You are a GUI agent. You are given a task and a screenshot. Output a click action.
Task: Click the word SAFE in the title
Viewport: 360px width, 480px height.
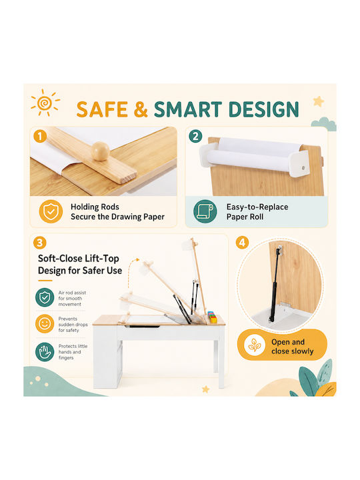[x=102, y=109]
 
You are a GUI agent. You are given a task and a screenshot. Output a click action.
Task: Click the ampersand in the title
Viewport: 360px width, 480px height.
[x=141, y=109]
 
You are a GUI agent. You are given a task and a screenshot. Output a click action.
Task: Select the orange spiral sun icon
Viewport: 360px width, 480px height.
[x=45, y=103]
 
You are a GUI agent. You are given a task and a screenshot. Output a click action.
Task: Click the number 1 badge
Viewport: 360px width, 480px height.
[x=40, y=136]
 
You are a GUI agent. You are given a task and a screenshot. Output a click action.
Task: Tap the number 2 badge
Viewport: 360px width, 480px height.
[x=195, y=136]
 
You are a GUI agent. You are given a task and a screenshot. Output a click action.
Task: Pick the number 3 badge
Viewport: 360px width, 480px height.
[x=40, y=243]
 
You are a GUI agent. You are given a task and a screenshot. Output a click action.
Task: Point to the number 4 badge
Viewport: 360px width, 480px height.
[x=242, y=243]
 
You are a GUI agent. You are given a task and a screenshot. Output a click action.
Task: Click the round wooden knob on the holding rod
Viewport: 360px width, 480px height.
[x=101, y=151]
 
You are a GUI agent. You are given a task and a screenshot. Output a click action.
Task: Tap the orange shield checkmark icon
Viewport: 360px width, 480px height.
[x=51, y=211]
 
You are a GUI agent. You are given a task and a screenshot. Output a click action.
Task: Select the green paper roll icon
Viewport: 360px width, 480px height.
[x=205, y=211]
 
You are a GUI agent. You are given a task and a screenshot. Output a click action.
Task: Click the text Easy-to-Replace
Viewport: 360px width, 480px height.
[x=257, y=207]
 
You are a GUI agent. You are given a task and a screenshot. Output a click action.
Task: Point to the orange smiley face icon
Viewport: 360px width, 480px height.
[x=45, y=324]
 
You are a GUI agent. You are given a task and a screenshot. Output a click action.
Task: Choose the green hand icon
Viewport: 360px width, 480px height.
[x=45, y=352]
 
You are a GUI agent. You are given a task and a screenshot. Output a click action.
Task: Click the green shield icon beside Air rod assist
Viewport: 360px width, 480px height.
[x=45, y=297]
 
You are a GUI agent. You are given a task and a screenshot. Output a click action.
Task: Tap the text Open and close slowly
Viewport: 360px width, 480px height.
[x=293, y=347]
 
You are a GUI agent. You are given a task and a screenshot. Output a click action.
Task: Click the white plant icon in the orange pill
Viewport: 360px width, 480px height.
[x=255, y=345]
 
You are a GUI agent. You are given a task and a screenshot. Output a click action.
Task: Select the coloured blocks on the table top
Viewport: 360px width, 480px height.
[x=212, y=317]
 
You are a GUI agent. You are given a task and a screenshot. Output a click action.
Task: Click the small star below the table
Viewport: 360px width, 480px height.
[x=206, y=389]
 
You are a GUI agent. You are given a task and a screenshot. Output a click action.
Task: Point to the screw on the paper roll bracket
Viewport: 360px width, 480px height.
[x=303, y=168]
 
